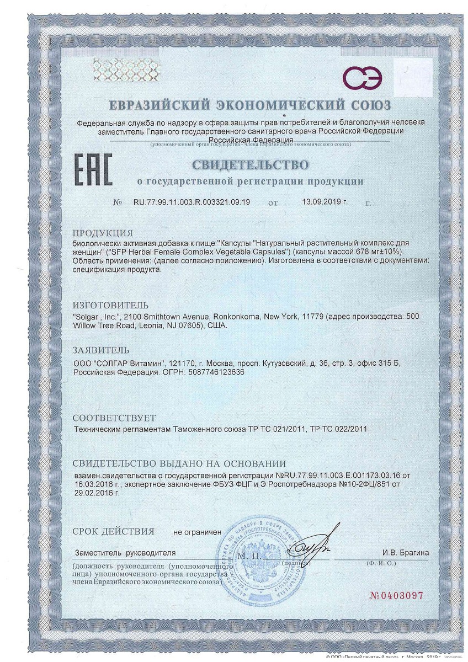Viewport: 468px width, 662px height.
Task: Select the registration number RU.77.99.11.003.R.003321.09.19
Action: pyautogui.click(x=192, y=202)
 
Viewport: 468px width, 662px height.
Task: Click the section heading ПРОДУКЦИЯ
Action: pyautogui.click(x=103, y=232)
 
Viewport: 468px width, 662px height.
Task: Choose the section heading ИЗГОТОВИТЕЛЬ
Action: pyautogui.click(x=111, y=305)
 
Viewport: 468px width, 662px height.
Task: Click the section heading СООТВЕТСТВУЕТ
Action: pyautogui.click(x=114, y=417)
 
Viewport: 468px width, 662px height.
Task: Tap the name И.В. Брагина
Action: pyautogui.click(x=405, y=552)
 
